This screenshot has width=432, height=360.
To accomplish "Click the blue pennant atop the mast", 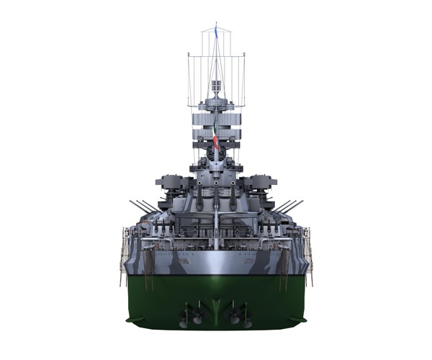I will [x=215, y=31].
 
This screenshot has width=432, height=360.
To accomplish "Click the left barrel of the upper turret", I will [x=199, y=199].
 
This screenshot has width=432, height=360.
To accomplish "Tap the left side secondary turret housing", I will [x=171, y=183].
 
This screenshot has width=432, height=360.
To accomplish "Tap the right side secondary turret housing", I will [x=261, y=183].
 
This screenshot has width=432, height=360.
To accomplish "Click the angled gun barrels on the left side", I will [x=143, y=207].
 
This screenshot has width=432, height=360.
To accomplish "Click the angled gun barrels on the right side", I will [x=289, y=207].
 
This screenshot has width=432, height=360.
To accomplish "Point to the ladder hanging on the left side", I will [x=122, y=256].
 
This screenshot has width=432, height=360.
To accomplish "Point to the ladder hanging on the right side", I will [x=310, y=256].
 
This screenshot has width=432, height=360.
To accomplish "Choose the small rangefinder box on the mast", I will [x=216, y=86].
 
